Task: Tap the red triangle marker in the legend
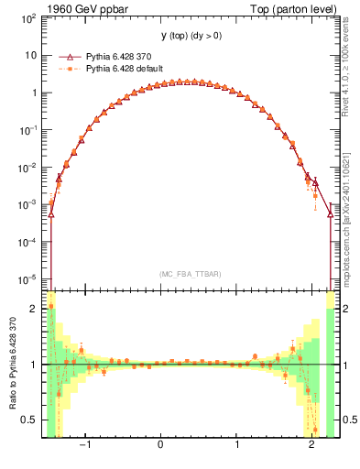[67, 55]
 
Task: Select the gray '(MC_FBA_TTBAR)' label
[190, 274]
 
